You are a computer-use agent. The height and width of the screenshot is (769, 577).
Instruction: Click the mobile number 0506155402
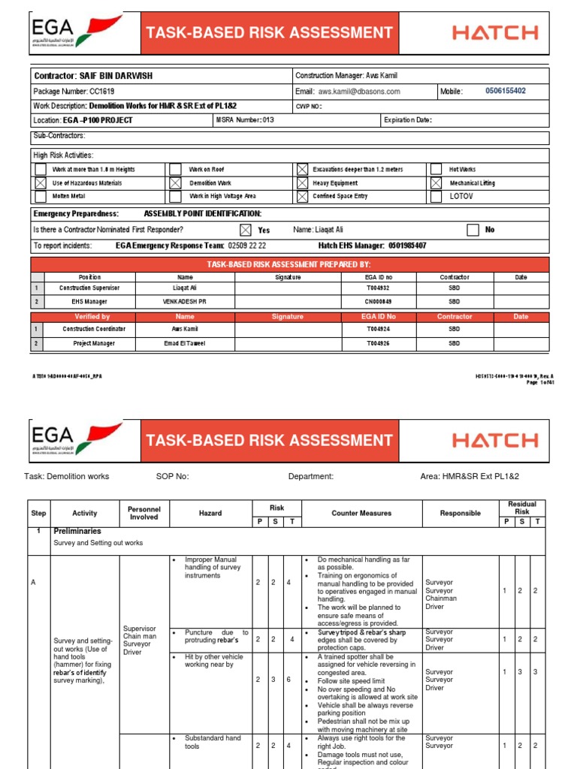pos(505,91)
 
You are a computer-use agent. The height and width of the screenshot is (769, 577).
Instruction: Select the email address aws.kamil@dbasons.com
pos(359,92)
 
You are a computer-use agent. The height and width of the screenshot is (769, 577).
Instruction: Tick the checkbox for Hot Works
pos(436,170)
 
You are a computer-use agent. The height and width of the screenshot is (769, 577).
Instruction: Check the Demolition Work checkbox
pos(175,183)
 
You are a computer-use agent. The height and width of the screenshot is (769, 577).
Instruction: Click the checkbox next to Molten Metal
pos(40,197)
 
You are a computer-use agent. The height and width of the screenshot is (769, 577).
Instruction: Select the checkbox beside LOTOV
pos(436,197)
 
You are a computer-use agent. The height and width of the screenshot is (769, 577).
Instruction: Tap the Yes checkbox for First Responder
pos(245,230)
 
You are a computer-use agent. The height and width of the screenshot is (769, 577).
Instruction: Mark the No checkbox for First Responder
pos(473,230)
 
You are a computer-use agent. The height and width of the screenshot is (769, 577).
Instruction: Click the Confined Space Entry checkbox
pos(302,197)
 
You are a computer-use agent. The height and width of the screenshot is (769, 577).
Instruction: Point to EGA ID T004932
pos(379,288)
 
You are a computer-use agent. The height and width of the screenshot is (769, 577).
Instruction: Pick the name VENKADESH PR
pos(185,302)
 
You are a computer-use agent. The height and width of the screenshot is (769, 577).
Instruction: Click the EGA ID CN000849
pos(379,302)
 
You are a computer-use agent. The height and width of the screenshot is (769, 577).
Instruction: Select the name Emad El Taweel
pos(185,343)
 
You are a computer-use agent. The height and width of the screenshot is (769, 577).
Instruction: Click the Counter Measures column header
pos(361,513)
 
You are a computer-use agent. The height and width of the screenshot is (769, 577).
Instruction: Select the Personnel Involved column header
pos(143,513)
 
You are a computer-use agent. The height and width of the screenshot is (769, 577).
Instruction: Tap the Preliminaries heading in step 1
pos(77,531)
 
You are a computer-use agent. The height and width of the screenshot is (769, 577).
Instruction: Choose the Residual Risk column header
pos(521,508)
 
